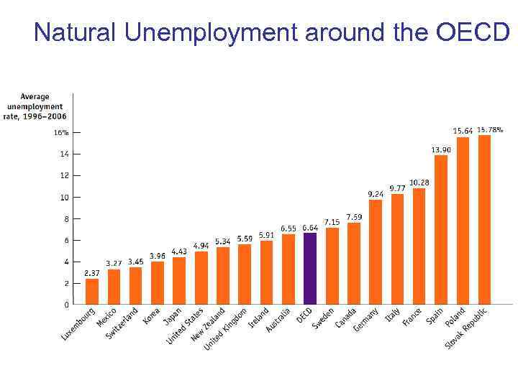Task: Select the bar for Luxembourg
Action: [x=92, y=291]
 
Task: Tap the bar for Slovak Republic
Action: [x=484, y=219]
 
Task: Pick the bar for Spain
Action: [x=441, y=229]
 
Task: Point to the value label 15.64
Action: [x=463, y=131]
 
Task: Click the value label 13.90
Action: [x=441, y=149]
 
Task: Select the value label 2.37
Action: [x=92, y=273]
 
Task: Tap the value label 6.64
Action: [x=310, y=228]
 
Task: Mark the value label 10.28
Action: [x=419, y=183]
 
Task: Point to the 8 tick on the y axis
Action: [x=65, y=218]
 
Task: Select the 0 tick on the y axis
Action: [x=65, y=305]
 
